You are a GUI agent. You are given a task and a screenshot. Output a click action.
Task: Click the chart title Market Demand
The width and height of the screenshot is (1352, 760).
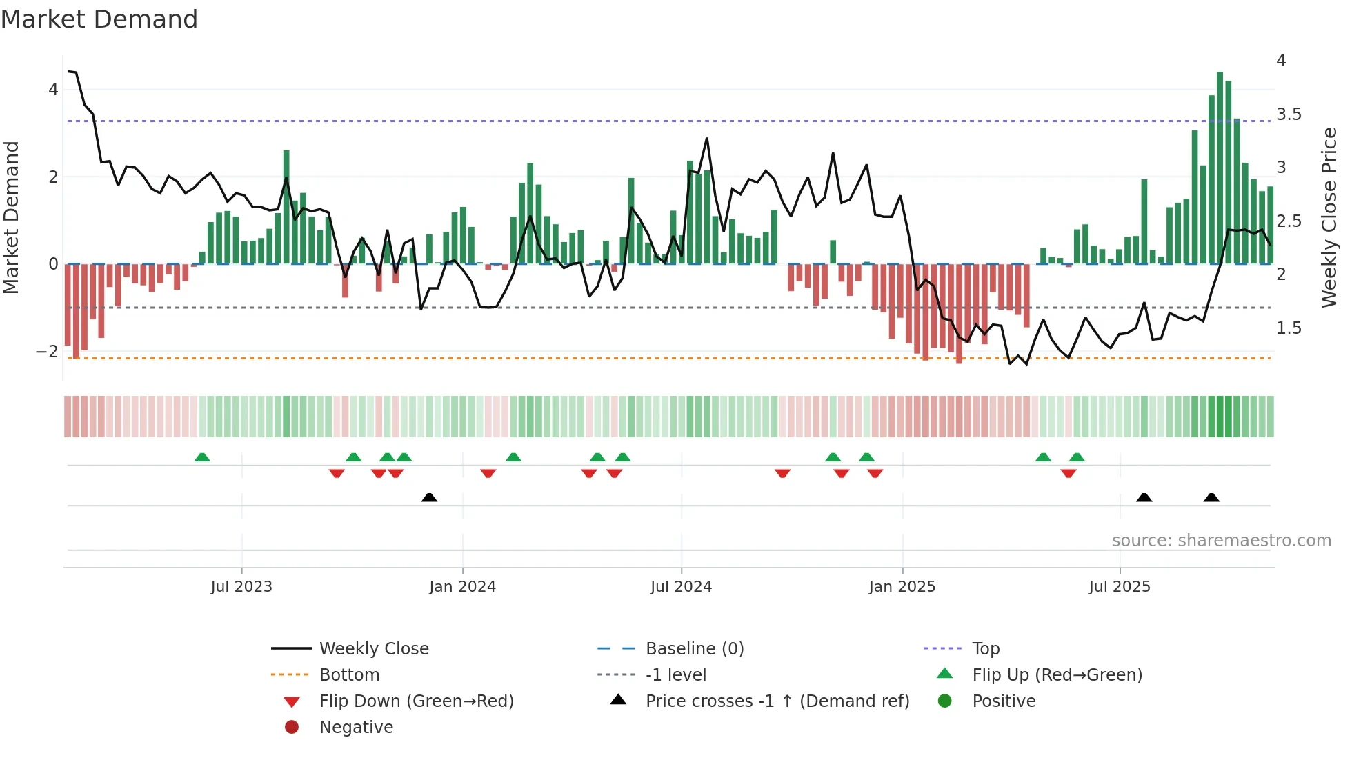(99, 19)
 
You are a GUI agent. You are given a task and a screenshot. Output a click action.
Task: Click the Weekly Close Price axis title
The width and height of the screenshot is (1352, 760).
(1329, 217)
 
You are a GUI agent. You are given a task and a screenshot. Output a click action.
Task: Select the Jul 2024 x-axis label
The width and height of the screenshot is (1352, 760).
(681, 587)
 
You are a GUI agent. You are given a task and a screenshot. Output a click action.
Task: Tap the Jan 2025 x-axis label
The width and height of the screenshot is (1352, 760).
(902, 587)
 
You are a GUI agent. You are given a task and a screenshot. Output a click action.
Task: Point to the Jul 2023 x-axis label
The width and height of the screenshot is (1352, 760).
(241, 587)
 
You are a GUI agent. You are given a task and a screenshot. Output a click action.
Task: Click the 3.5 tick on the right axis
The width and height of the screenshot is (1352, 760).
(1289, 114)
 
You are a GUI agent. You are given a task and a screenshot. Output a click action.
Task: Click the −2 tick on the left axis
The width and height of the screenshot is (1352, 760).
(47, 351)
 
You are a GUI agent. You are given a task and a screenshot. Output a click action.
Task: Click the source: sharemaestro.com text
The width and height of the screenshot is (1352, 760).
(1221, 541)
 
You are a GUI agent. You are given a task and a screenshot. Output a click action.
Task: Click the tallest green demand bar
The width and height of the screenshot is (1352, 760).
(1220, 166)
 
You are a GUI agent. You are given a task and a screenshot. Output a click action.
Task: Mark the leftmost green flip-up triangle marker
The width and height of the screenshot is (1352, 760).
(201, 457)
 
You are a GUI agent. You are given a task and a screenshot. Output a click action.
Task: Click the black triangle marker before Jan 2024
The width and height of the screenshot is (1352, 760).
(429, 497)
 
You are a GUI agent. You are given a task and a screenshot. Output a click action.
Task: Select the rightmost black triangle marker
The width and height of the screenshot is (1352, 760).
(1211, 497)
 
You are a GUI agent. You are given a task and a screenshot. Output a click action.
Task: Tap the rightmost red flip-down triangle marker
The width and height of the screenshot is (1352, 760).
(1068, 473)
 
